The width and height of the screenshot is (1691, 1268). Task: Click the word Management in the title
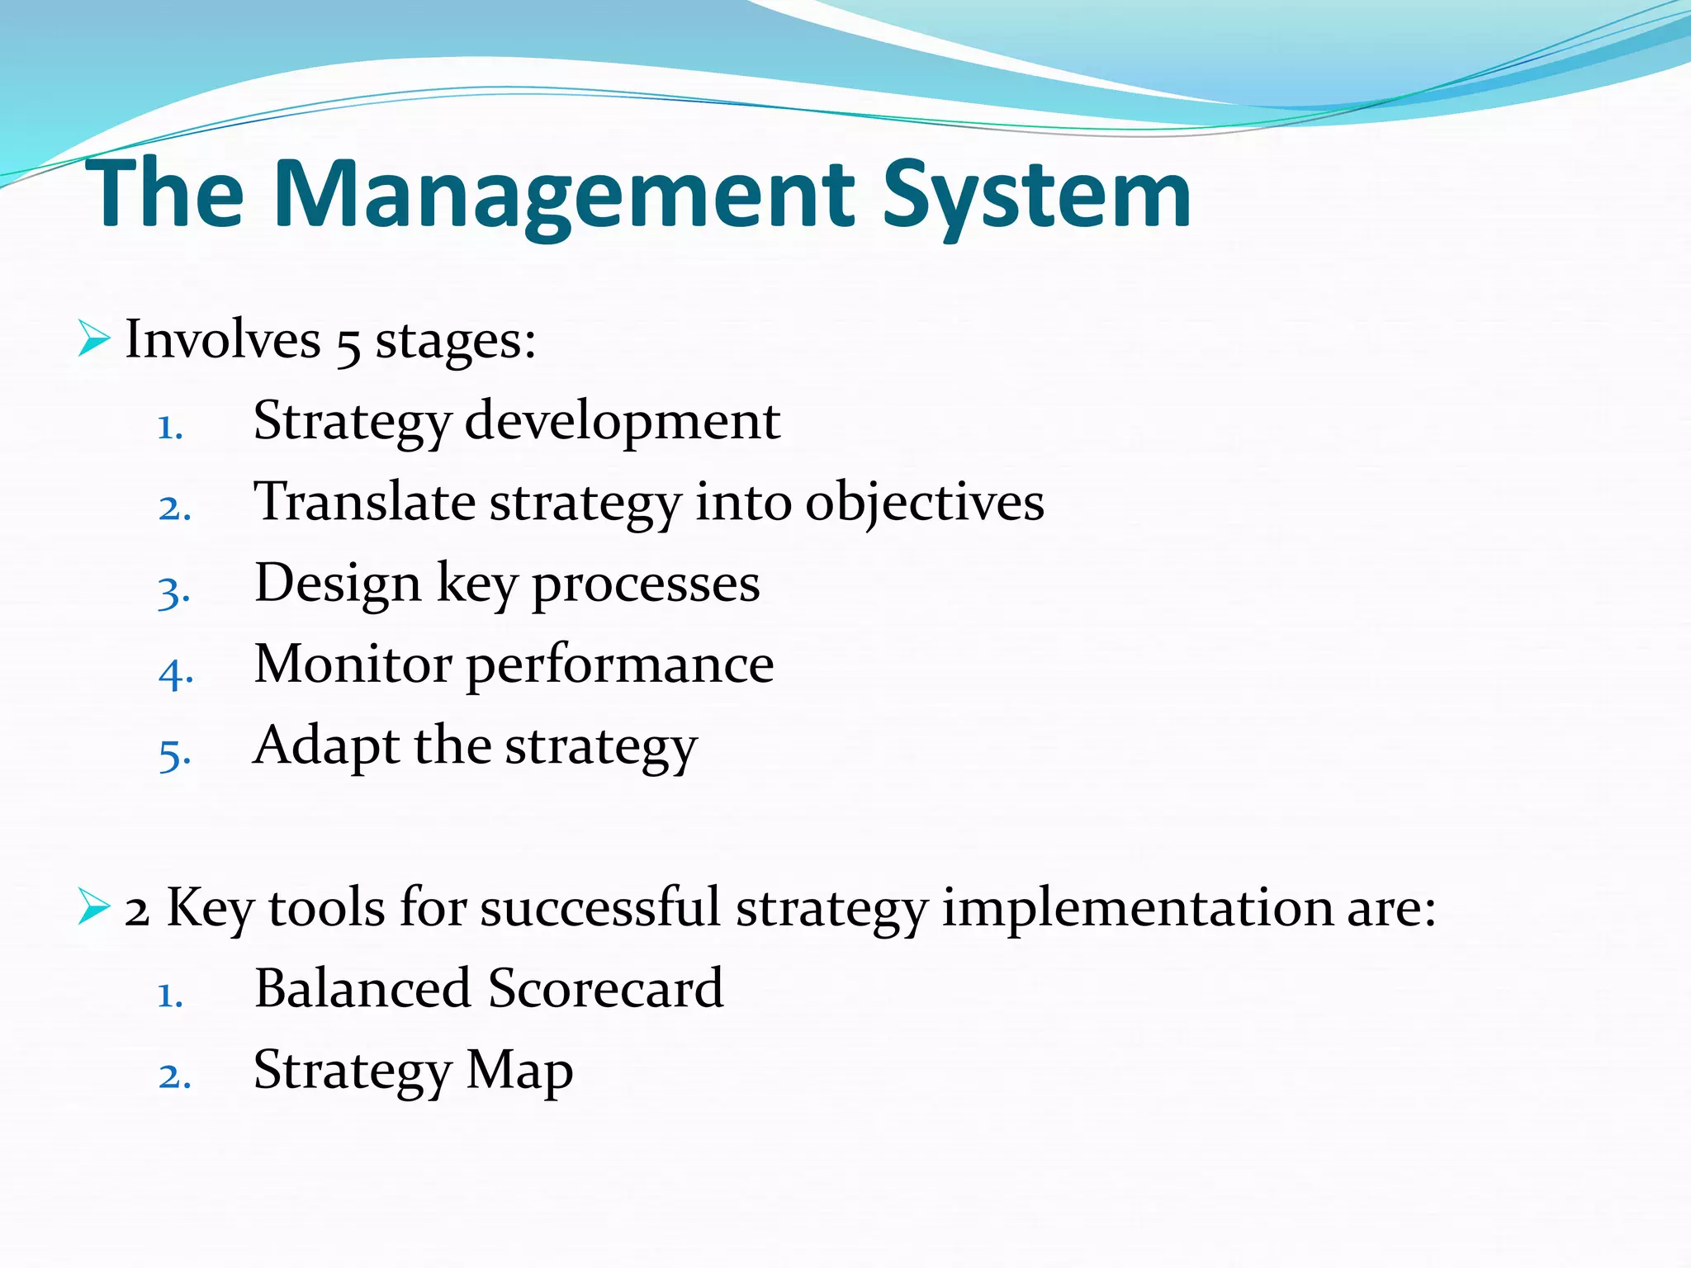pyautogui.click(x=565, y=196)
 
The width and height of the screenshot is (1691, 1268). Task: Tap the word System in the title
pyautogui.click(x=1036, y=196)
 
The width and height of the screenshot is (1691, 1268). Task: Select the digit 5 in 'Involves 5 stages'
pyautogui.click(x=348, y=343)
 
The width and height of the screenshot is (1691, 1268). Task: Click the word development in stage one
pyautogui.click(x=622, y=421)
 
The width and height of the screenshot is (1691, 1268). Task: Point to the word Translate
pyautogui.click(x=364, y=502)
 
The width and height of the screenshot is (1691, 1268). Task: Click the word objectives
pyautogui.click(x=924, y=504)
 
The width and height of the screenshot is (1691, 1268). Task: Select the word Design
pyautogui.click(x=338, y=584)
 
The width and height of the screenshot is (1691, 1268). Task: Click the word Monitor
pyautogui.click(x=353, y=664)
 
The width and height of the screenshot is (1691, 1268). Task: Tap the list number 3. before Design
pyautogui.click(x=174, y=592)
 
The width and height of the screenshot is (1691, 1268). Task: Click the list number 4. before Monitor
pyautogui.click(x=176, y=673)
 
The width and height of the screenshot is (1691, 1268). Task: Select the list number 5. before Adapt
pyautogui.click(x=175, y=754)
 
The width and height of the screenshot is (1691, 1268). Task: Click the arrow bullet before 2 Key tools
pyautogui.click(x=94, y=906)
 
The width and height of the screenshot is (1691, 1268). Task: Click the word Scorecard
pyautogui.click(x=605, y=988)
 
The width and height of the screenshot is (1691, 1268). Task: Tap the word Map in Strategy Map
pyautogui.click(x=519, y=1072)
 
